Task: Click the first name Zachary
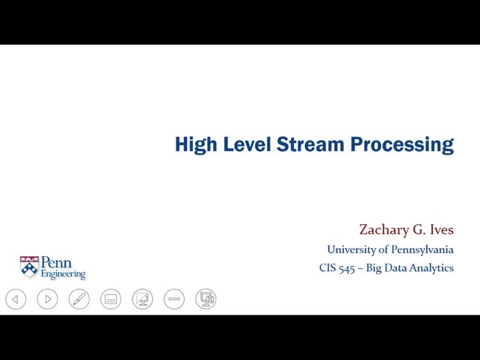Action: (385, 229)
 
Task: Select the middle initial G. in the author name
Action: (419, 229)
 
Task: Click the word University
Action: (351, 249)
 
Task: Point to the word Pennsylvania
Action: (421, 249)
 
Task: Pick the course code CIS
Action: (327, 268)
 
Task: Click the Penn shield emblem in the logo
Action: (29, 267)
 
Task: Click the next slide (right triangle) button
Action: (47, 300)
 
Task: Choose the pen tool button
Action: (79, 300)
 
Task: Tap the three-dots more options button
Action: (174, 300)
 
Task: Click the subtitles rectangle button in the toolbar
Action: (111, 300)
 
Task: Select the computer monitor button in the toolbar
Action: (206, 300)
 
